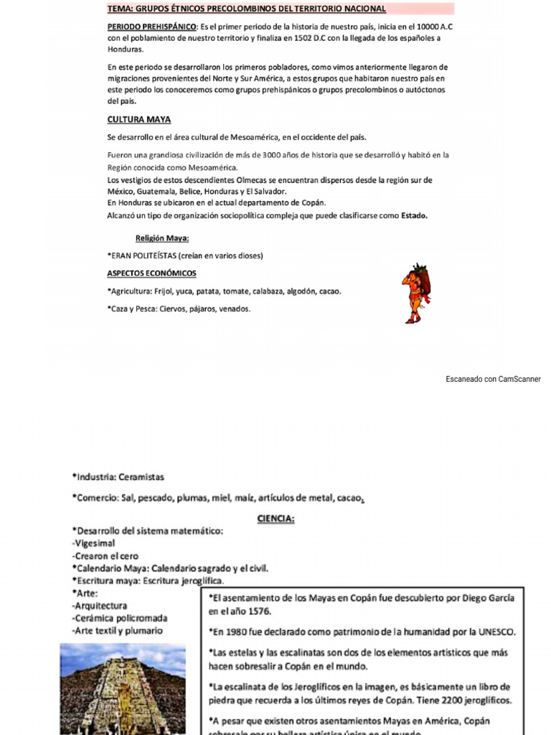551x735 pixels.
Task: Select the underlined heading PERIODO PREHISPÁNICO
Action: (151, 27)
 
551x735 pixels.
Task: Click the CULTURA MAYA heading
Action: (139, 120)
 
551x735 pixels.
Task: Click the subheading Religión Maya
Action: (162, 238)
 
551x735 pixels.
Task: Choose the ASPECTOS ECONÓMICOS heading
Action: (151, 273)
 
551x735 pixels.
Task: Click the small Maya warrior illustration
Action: (415, 294)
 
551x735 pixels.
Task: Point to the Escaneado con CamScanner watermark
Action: (493, 379)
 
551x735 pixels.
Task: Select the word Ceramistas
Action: (142, 477)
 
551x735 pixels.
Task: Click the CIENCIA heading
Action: (276, 519)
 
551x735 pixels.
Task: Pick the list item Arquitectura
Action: (101, 606)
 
